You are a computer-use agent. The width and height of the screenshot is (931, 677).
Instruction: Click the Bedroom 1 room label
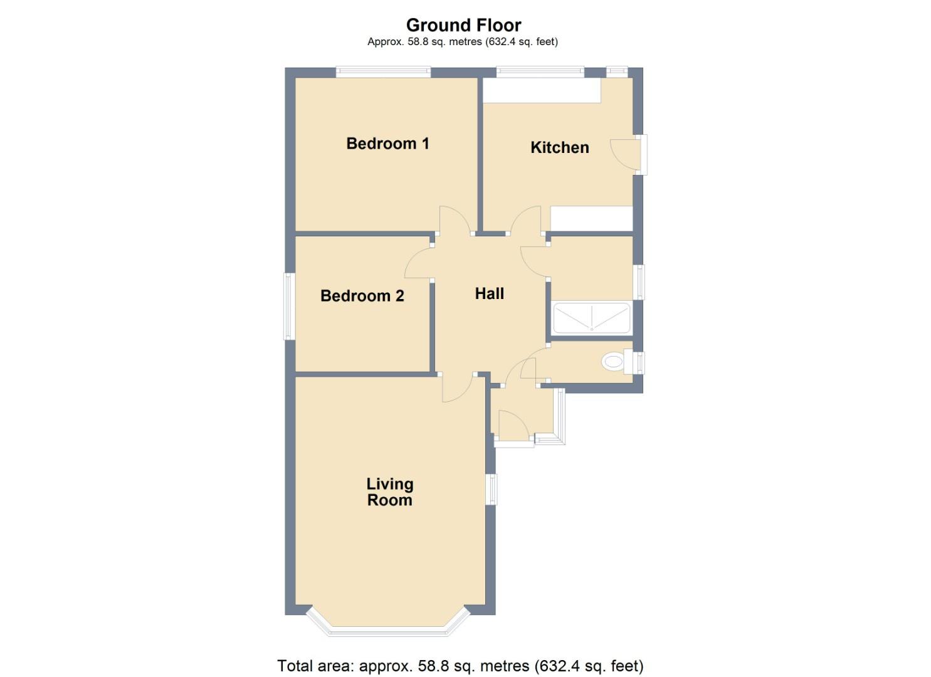tap(387, 144)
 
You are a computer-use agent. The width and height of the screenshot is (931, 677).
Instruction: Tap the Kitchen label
tap(559, 147)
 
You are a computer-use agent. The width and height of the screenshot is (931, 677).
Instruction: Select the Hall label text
tap(489, 294)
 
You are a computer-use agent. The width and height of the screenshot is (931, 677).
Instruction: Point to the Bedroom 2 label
tap(362, 296)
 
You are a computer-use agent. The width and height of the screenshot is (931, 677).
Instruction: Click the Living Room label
tap(389, 492)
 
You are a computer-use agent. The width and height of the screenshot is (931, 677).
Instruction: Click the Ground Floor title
tap(463, 25)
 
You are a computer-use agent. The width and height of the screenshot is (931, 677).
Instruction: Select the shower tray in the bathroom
tap(591, 318)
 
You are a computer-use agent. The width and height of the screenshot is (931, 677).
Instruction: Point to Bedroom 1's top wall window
tap(383, 72)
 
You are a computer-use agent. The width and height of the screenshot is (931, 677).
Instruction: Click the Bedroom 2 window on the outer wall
tap(290, 307)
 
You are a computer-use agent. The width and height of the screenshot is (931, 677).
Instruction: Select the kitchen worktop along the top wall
tap(542, 90)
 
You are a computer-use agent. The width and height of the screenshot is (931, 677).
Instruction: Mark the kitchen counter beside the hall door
tap(591, 219)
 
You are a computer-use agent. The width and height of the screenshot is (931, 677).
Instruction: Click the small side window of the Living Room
tap(492, 490)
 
